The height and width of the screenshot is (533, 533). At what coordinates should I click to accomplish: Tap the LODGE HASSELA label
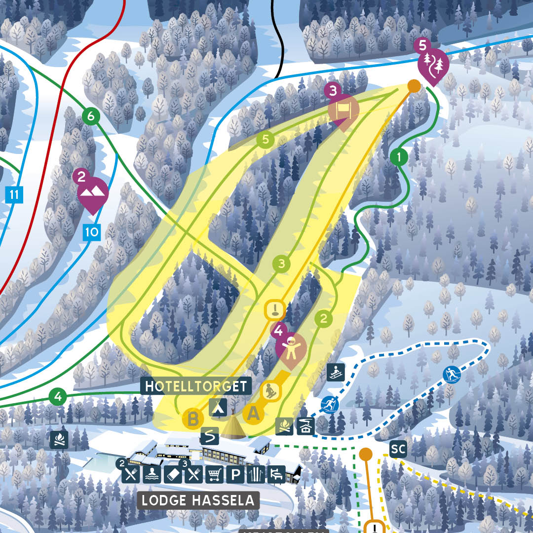coord(198,500)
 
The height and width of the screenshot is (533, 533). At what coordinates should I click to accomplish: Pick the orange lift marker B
coord(193,419)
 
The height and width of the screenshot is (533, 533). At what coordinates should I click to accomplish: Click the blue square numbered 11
coord(14,194)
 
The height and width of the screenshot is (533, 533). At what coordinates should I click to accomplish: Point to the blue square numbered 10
coord(92,231)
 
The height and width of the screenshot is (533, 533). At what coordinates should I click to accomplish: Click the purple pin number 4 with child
coord(291,346)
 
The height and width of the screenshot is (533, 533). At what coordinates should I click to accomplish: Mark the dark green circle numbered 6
coord(90,117)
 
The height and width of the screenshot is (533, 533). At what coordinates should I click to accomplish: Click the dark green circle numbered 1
coord(399,158)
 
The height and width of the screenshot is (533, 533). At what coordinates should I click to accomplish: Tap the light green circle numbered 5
coord(266,140)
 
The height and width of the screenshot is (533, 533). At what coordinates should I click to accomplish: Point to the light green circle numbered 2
coord(324,319)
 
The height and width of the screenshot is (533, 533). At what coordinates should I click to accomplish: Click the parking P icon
coord(235,475)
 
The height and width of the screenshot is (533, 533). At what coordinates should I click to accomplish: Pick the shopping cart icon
coord(214,475)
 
